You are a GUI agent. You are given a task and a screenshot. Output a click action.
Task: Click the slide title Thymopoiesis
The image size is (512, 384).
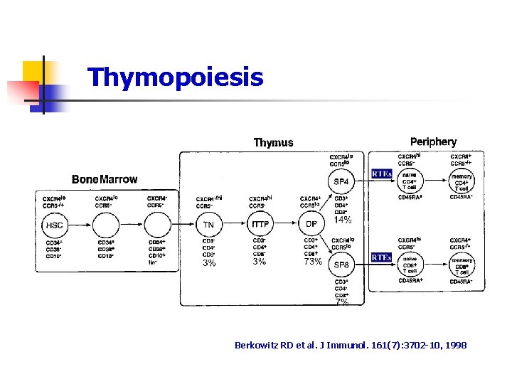175,77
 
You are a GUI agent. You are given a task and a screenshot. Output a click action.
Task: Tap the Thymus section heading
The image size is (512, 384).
273,142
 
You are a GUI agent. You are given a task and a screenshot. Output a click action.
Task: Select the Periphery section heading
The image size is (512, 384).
433,142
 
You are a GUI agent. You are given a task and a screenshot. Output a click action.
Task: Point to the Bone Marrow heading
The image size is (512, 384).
105,179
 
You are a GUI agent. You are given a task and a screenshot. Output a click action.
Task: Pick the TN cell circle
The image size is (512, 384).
208,225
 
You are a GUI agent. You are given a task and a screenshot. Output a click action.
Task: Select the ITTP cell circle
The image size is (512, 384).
260,225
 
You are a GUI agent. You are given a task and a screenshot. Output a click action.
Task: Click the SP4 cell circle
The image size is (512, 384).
342,181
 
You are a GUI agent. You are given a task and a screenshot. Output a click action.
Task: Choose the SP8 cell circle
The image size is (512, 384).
342,265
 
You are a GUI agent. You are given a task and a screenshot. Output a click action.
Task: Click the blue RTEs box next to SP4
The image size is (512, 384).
382,174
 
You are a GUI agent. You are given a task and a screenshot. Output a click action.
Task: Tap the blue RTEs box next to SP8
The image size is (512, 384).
382,257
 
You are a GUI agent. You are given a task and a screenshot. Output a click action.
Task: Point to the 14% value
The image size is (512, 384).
343,220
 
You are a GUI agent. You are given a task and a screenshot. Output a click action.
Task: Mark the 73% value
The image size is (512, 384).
313,262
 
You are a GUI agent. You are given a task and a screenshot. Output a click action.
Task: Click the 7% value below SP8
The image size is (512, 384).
342,302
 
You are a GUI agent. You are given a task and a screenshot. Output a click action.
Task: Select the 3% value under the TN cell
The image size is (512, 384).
209,262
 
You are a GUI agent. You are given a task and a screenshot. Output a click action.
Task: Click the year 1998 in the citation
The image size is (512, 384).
454,345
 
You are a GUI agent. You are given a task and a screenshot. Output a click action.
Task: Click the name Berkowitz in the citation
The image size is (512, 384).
255,345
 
